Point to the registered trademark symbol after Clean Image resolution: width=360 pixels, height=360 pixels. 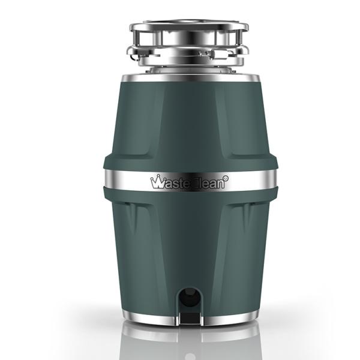226,178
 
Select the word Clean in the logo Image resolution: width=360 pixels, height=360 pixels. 209,183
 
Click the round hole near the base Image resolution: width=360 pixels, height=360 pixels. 189,296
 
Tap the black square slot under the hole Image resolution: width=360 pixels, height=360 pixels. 189,314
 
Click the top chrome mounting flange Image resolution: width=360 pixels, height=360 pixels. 188,26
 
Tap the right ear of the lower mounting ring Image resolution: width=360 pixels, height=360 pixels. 242,54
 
